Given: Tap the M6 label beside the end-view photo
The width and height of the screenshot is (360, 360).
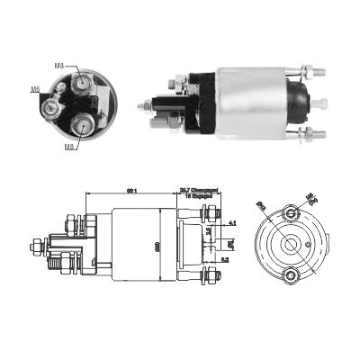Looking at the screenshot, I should pos(36,89).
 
